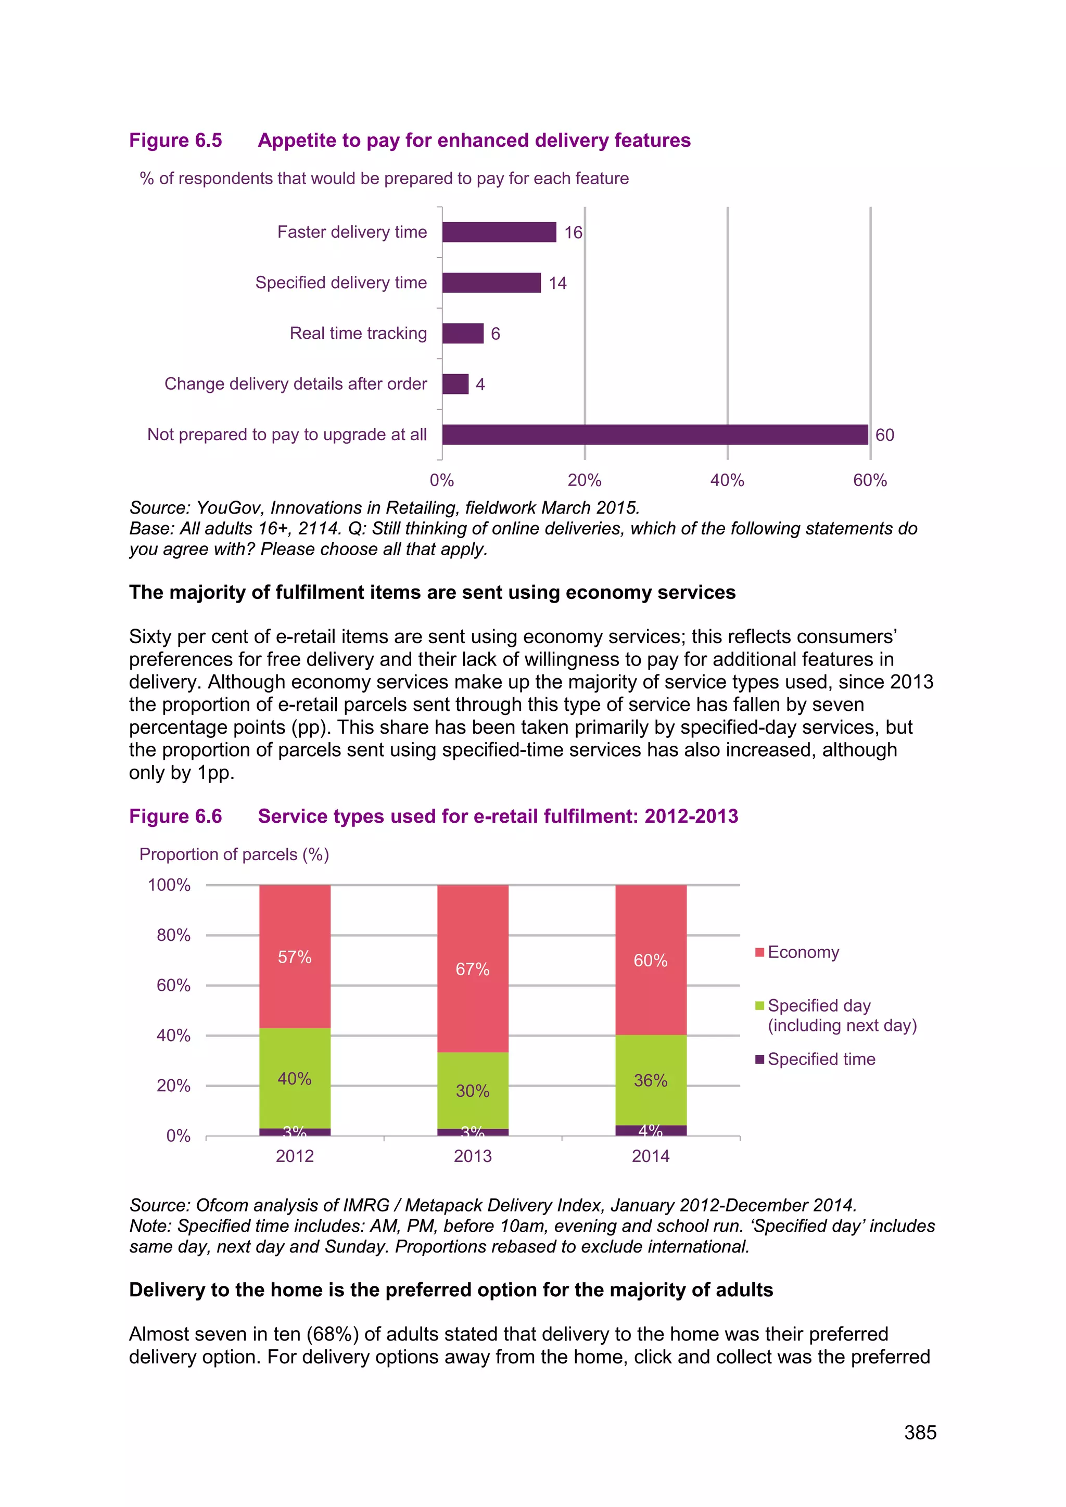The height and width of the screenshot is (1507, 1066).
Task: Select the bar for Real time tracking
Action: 463,334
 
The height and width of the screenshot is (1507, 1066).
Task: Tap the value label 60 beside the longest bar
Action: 884,435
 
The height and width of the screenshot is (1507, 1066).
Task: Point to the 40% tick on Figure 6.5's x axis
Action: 727,480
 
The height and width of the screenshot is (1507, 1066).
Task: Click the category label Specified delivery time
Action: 341,283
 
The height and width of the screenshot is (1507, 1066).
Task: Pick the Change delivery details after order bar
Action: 455,384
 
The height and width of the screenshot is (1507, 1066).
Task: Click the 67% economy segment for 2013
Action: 473,969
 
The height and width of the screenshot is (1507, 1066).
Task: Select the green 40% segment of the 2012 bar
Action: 295,1078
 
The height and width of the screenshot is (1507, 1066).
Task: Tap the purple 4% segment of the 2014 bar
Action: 651,1130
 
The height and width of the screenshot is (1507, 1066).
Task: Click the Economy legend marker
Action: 759,952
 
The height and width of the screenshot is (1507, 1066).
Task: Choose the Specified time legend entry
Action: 820,1059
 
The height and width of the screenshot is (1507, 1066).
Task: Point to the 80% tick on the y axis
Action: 173,935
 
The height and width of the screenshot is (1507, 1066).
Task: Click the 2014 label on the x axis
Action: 651,1156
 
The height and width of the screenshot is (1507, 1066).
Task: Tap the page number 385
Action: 920,1432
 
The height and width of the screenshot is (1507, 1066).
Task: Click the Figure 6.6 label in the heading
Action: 175,816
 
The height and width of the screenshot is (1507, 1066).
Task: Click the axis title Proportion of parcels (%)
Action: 234,854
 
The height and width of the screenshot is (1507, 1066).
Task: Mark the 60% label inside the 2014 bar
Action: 651,960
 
